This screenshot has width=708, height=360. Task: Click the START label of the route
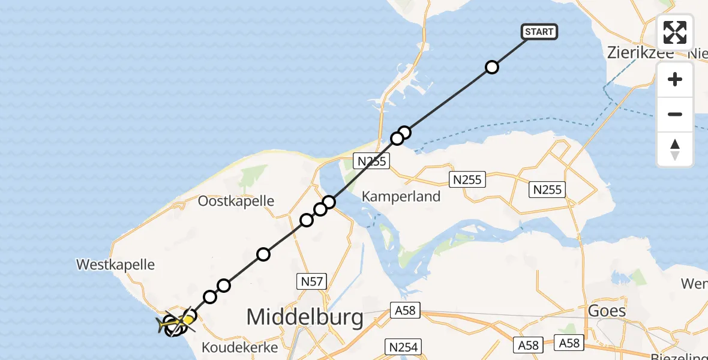coord(539,32)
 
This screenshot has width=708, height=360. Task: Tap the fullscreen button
coord(675,32)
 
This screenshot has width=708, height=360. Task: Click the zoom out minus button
coord(675,114)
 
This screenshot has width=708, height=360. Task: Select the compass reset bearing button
coord(675,149)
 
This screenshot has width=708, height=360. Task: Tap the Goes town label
coord(607,311)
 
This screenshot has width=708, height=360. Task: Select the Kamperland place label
coord(401,196)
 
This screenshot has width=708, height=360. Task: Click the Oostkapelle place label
coord(236,200)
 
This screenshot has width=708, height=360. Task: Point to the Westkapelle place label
coord(115,264)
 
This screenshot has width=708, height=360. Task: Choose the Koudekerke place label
coord(239,347)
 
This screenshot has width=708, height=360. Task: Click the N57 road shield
coord(312,281)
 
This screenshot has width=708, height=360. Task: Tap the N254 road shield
coord(403,346)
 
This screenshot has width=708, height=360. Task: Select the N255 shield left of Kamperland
coord(373,161)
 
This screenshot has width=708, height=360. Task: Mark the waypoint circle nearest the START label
coord(492,67)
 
